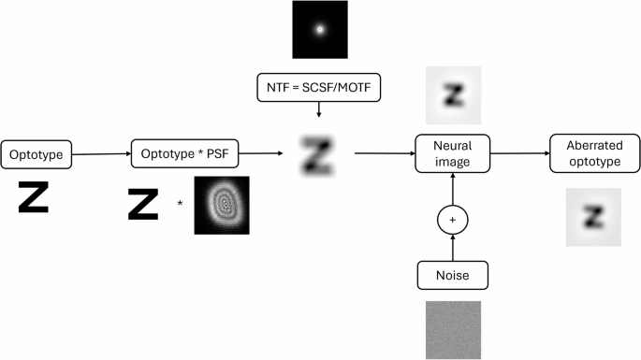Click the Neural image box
[x=453, y=153]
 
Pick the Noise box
[x=453, y=275]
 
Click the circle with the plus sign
[x=453, y=221]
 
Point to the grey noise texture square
[x=453, y=329]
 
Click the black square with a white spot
[x=319, y=30]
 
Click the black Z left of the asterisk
[x=143, y=205]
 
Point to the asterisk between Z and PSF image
[x=180, y=203]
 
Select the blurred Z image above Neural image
[x=453, y=94]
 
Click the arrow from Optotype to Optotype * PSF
[x=99, y=153]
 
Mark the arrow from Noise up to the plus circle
[x=453, y=248]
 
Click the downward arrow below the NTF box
[x=319, y=110]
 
